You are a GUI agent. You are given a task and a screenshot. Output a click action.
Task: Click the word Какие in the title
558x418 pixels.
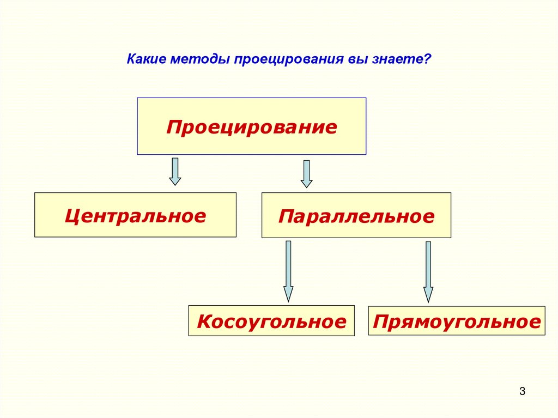pos(146,59)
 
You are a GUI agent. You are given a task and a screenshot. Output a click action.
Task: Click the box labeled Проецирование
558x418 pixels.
pos(251,126)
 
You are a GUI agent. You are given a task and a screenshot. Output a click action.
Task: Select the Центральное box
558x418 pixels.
pos(135,215)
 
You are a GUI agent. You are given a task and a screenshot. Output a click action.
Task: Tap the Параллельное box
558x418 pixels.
pos(356,215)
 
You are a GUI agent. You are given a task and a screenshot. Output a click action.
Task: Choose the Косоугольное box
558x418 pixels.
pos(271,320)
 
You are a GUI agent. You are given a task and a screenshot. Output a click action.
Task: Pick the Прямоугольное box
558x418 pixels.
pos(456,320)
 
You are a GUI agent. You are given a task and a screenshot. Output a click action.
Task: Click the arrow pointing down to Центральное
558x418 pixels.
pos(175,172)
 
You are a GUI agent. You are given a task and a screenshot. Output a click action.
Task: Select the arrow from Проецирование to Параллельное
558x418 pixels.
pos(307,174)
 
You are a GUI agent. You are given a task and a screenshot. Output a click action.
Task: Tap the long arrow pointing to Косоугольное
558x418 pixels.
pos(288,271)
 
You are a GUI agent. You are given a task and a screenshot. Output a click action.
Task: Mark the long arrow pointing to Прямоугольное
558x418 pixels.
pos(428,271)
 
